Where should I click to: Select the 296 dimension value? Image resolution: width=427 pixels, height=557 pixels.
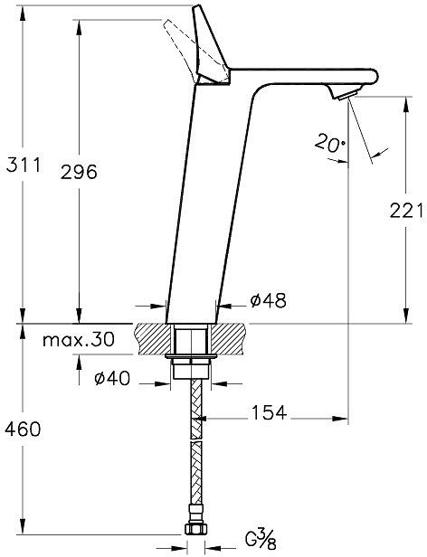click(79, 171)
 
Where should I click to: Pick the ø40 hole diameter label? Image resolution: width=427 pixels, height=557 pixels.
click(112, 379)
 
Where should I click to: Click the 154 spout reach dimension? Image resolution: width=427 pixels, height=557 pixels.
click(269, 412)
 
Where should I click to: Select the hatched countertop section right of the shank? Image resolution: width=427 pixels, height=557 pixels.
click(231, 337)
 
